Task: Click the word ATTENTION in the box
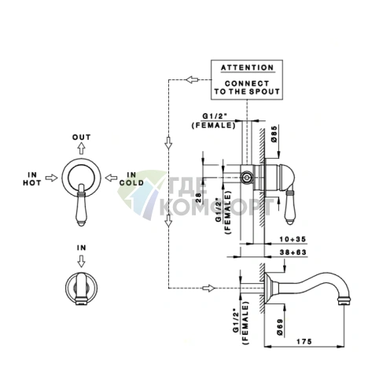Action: (247, 68)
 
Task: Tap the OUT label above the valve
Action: (81, 137)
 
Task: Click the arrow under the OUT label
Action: (82, 148)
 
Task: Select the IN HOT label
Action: (32, 178)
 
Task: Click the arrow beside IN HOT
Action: (51, 178)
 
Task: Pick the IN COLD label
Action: (131, 178)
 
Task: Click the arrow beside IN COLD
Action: (111, 178)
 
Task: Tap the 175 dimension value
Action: (304, 341)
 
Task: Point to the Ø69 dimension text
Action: (279, 327)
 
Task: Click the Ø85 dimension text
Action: (274, 134)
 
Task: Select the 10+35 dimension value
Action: (292, 239)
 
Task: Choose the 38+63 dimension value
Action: (292, 252)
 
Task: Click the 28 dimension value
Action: (198, 198)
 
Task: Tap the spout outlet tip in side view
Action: (344, 302)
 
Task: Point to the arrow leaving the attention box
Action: (193, 79)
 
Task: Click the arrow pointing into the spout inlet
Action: (208, 289)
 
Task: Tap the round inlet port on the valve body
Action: (246, 177)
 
